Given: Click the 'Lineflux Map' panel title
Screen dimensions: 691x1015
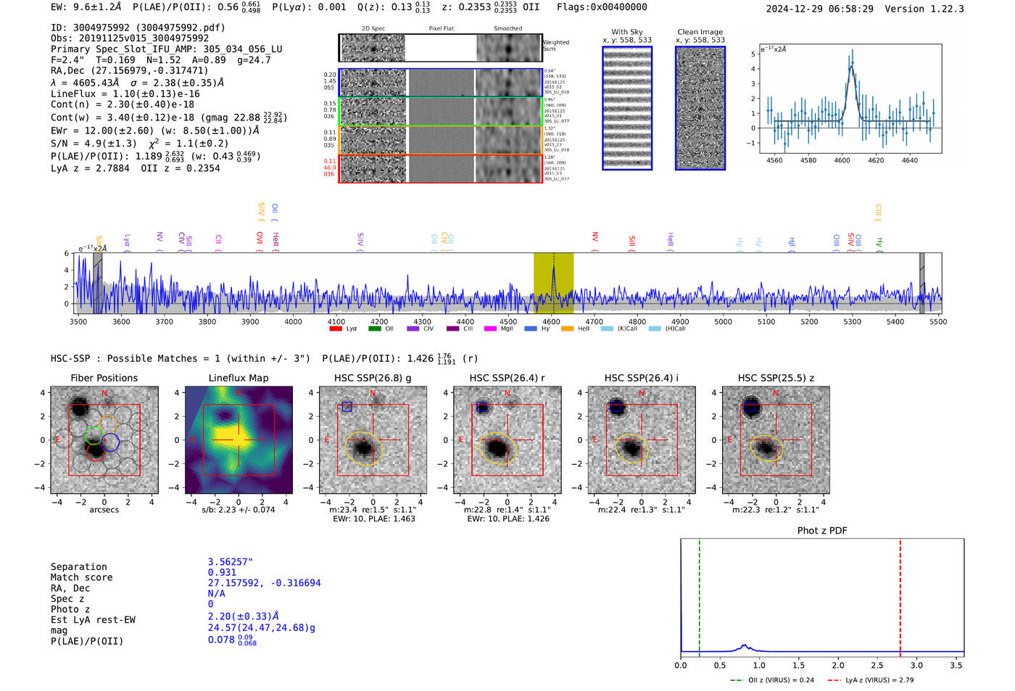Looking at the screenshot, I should (x=238, y=378).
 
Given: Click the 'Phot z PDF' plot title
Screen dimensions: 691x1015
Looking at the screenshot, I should (x=821, y=531).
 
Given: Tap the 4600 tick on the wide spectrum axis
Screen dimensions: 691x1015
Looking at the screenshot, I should (x=551, y=321).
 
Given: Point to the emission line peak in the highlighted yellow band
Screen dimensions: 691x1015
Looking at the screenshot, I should (x=553, y=268).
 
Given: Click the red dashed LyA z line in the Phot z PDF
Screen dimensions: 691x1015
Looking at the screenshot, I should (x=900, y=595).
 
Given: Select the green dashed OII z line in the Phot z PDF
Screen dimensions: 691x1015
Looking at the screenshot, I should (x=699, y=595).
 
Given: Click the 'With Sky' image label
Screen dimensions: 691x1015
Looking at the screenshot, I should (x=626, y=32).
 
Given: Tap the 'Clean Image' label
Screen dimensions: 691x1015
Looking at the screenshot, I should (x=700, y=32).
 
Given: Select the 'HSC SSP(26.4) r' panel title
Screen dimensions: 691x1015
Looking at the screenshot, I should (x=507, y=378).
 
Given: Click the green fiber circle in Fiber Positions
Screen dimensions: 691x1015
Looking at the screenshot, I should (x=94, y=436).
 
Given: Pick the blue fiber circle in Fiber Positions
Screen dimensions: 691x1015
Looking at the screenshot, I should (x=110, y=442).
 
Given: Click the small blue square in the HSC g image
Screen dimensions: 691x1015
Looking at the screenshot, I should (x=347, y=407).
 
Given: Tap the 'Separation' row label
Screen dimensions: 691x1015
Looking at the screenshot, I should (x=78, y=567).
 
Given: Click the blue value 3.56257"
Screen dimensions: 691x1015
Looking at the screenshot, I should (x=230, y=562).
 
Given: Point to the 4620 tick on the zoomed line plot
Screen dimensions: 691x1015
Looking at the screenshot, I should (x=876, y=160).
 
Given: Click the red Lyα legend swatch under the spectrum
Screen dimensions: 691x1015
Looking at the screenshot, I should (x=336, y=329).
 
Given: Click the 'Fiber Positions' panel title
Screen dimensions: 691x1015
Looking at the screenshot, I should (x=104, y=378).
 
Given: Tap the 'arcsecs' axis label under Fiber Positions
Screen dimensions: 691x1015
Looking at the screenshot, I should (x=104, y=510).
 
